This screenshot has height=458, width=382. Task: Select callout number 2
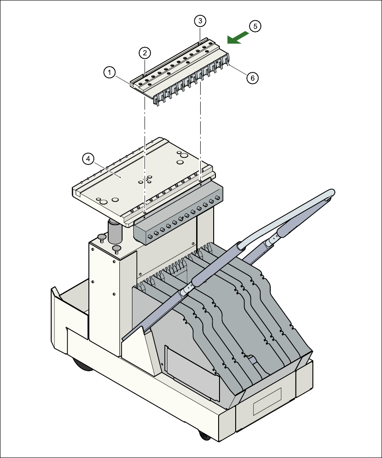(144, 53)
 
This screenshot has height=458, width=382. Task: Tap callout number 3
(200, 20)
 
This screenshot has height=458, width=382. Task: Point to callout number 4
(88, 158)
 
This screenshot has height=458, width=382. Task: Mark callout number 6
(252, 78)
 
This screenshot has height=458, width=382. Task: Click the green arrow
(237, 38)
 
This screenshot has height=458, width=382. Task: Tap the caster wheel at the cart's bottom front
(203, 435)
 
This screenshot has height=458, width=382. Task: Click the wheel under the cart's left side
(81, 364)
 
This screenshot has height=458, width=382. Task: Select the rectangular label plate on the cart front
(267, 401)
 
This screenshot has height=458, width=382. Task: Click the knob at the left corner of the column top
(101, 237)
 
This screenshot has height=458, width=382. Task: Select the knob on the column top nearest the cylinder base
(117, 248)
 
